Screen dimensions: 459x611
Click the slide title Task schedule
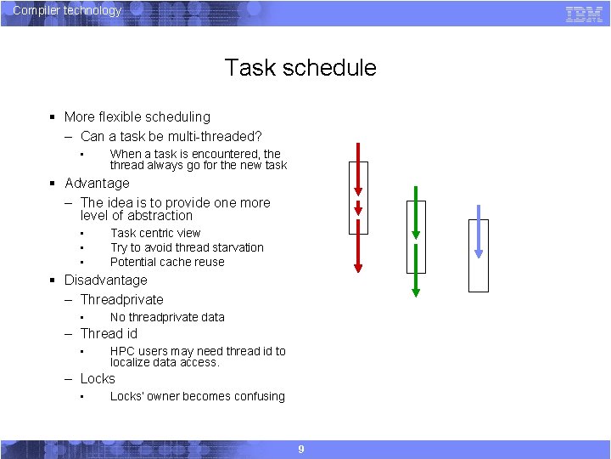pyautogui.click(x=300, y=68)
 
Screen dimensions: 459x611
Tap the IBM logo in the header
pyautogui.click(x=584, y=13)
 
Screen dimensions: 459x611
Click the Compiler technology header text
pyautogui.click(x=67, y=11)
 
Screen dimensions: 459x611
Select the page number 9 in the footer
pyautogui.click(x=300, y=449)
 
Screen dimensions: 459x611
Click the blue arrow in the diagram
pyautogui.click(x=479, y=231)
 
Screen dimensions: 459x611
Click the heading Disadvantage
pyautogui.click(x=105, y=280)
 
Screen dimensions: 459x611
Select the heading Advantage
pyautogui.click(x=97, y=184)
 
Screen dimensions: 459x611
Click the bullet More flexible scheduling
pyautogui.click(x=137, y=117)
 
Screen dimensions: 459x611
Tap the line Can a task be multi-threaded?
pyautogui.click(x=171, y=136)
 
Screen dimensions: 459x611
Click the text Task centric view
pyautogui.click(x=155, y=233)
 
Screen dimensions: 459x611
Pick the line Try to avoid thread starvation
pyautogui.click(x=187, y=247)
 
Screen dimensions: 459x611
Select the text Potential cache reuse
pyautogui.click(x=167, y=262)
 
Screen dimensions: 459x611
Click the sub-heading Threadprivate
pyautogui.click(x=121, y=299)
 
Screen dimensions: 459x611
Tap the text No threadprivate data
pyautogui.click(x=167, y=317)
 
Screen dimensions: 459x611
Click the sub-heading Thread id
pyautogui.click(x=109, y=334)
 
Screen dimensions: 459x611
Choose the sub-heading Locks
pyautogui.click(x=98, y=379)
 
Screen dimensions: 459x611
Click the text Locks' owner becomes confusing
pyautogui.click(x=197, y=396)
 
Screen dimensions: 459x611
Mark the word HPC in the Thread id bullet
pyautogui.click(x=123, y=351)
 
